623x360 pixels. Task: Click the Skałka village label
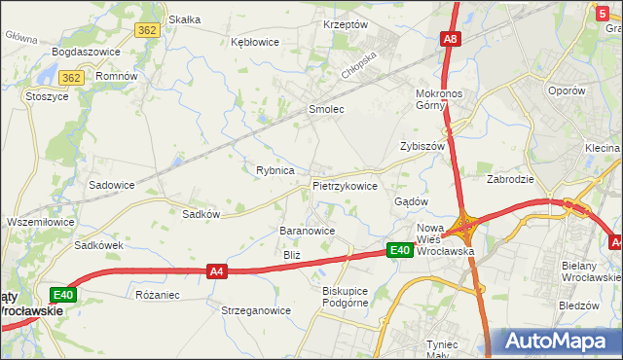point(184,18)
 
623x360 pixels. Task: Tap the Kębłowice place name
point(255,42)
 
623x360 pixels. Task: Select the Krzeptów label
point(345,24)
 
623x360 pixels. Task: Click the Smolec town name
point(326,109)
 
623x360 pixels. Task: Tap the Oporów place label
point(566,90)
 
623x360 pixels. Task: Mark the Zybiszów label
point(421,146)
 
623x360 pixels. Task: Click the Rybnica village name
point(275,170)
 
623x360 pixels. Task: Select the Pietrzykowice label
point(345,185)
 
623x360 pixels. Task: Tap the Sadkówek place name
point(99,246)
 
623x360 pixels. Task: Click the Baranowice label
point(308,231)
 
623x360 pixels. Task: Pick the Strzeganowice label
point(256,311)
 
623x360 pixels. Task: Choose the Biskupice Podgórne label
point(347,296)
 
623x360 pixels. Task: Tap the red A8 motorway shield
point(450,40)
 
